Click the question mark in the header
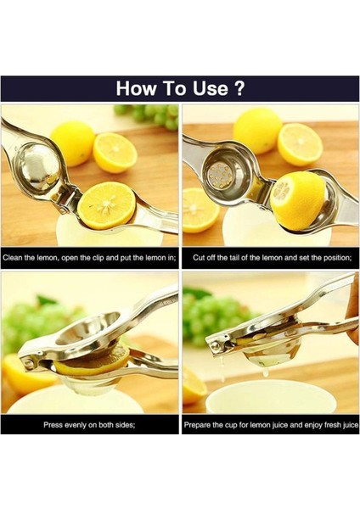pos(239,88)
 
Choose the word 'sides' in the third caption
pos(125,425)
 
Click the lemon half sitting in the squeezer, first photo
pos(106,205)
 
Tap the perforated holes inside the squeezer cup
pos(222,176)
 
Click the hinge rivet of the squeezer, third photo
pos(26,362)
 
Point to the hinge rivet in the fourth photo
pos(216,344)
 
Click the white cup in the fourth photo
pos(272,397)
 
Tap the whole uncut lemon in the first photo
pos(73,143)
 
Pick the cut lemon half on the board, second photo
pos(300,144)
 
